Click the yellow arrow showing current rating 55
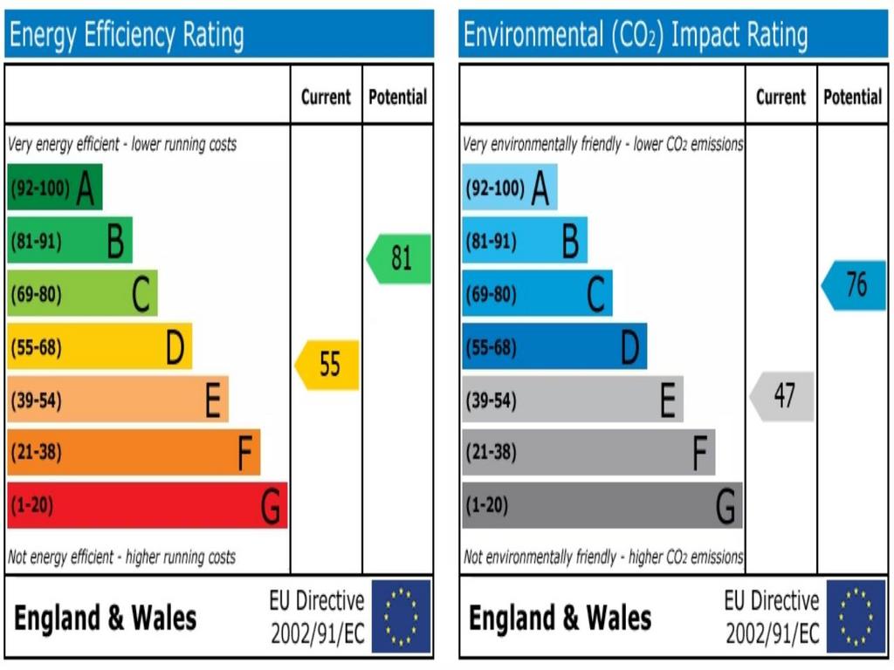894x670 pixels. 328,365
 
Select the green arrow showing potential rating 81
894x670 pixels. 399,259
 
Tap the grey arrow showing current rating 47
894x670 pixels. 782,396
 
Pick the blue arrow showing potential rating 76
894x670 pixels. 855,285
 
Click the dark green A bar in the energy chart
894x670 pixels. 54,188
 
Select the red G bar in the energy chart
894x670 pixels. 147,506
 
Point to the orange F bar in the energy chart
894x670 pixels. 133,453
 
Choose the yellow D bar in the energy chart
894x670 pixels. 99,347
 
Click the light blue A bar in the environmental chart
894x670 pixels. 509,188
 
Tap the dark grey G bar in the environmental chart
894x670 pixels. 602,506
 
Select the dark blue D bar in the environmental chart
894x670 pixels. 554,347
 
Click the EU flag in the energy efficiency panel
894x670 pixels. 402,617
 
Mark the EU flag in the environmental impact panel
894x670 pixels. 856,617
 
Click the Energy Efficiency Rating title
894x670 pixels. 127,35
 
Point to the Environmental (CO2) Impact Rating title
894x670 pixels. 636,35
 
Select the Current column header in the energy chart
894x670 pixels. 326,97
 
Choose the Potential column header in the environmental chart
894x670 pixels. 853,97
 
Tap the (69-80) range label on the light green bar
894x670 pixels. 36,295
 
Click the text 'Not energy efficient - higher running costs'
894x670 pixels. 121,557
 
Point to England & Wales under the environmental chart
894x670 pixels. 560,618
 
